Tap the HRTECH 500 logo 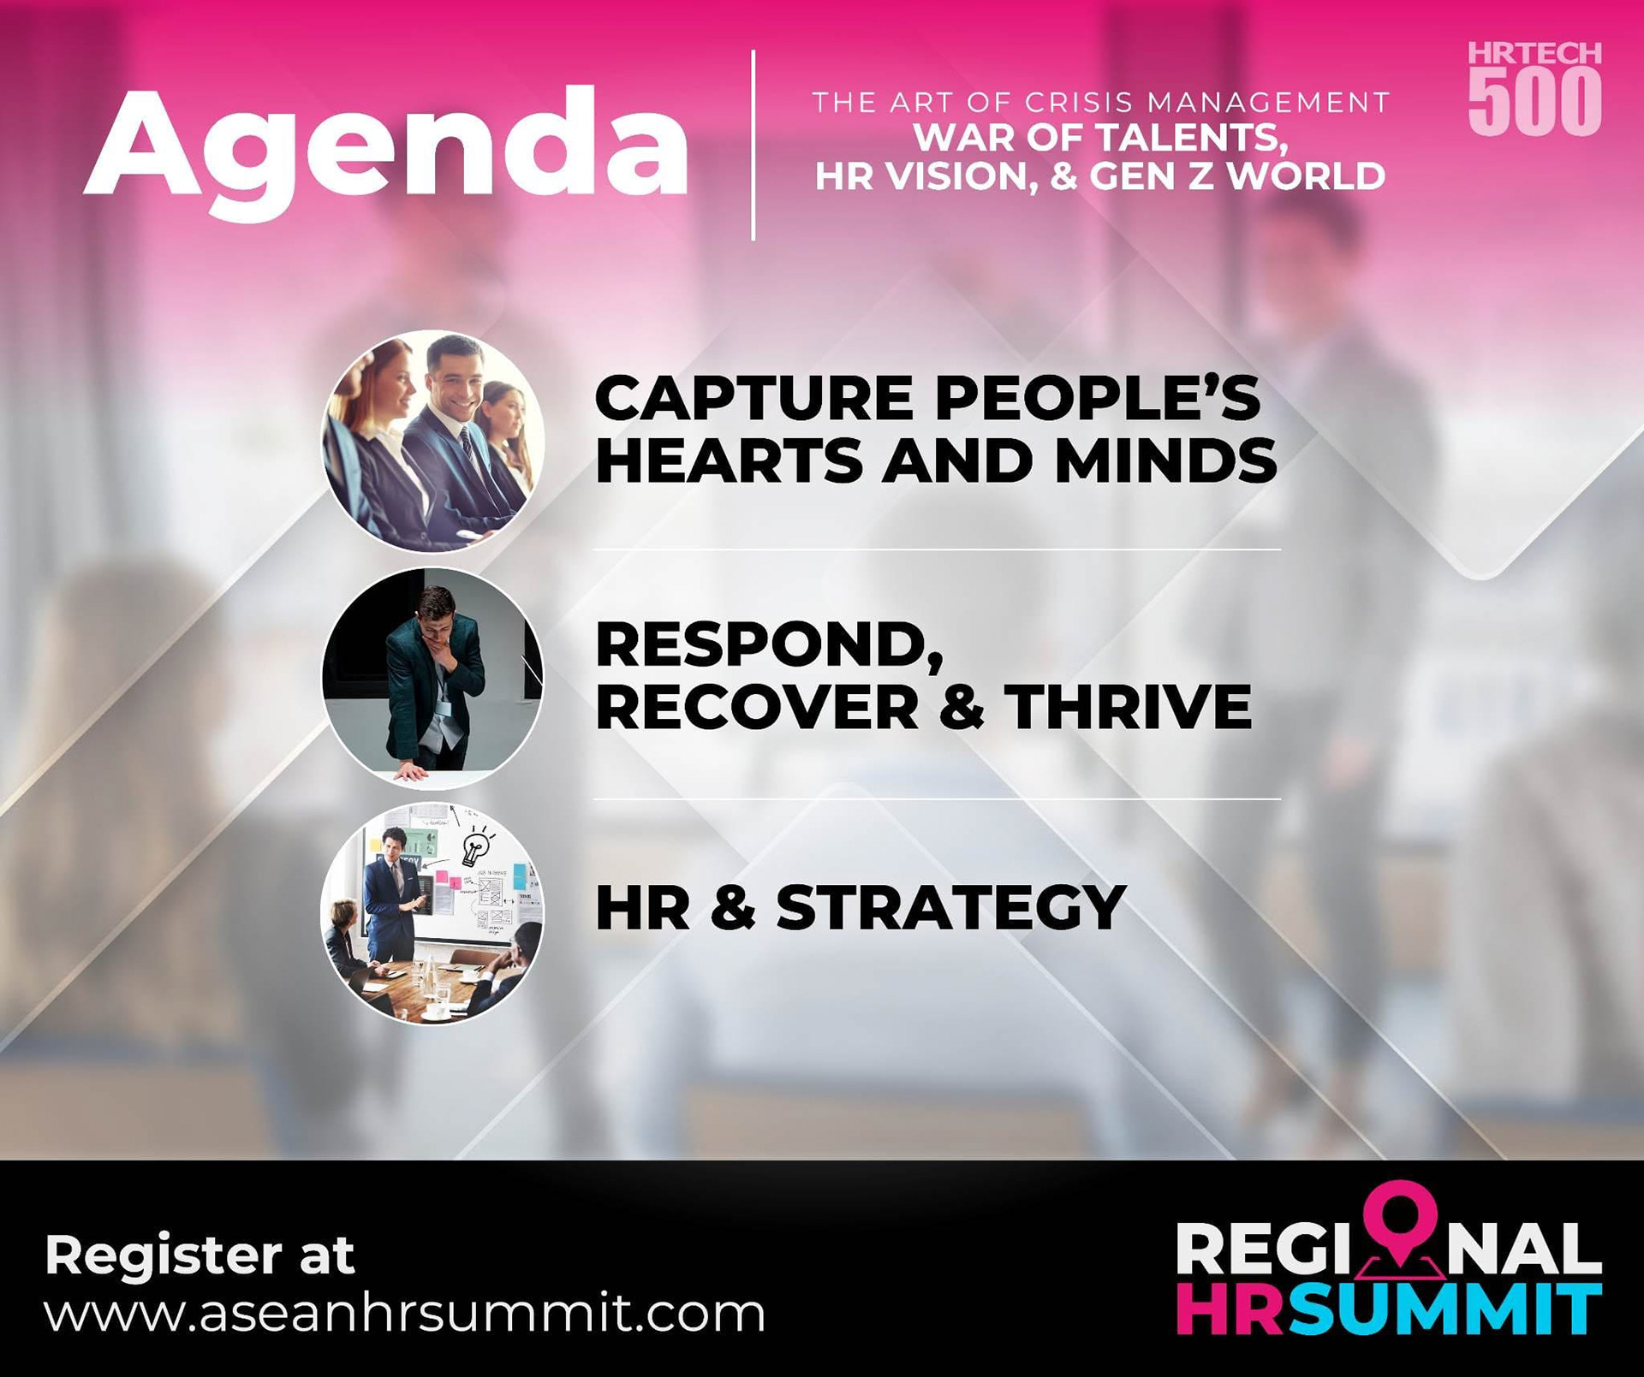click(1534, 88)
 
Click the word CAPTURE click(754, 398)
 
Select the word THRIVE click(1129, 707)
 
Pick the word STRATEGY click(950, 907)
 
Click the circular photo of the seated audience click(432, 442)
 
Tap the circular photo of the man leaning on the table click(432, 678)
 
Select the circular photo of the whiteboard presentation click(432, 913)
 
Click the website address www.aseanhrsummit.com click(404, 1314)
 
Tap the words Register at click(200, 1255)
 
